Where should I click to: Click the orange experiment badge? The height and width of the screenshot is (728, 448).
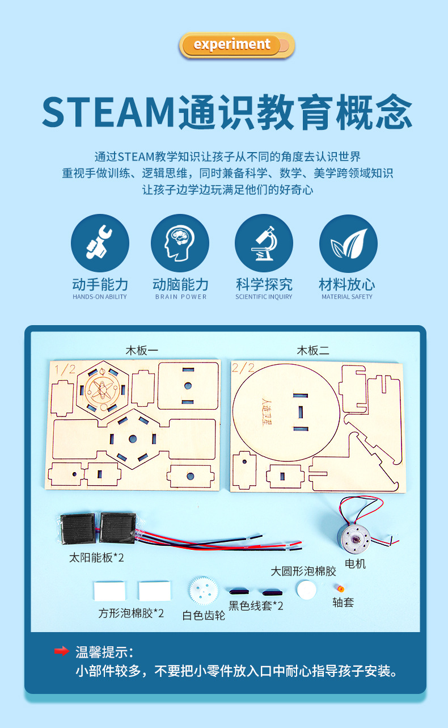pyautogui.click(x=236, y=45)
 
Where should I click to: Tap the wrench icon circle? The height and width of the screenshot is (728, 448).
pyautogui.click(x=100, y=243)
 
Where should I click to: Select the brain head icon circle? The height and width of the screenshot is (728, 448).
pyautogui.click(x=180, y=243)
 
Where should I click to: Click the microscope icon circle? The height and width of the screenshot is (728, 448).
pyautogui.click(x=264, y=243)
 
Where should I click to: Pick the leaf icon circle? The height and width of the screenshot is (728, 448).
pyautogui.click(x=348, y=243)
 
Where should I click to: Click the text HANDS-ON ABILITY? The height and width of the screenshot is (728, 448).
pyautogui.click(x=100, y=297)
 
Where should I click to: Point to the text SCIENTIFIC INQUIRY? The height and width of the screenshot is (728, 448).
pyautogui.click(x=264, y=297)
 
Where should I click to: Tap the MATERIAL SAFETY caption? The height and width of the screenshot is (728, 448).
pyautogui.click(x=347, y=297)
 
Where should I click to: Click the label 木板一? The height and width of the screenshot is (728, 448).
pyautogui.click(x=142, y=351)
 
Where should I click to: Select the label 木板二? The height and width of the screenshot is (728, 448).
pyautogui.click(x=313, y=351)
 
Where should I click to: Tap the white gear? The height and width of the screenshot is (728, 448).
pyautogui.click(x=203, y=591)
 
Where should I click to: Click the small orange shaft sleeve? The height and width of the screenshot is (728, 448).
pyautogui.click(x=340, y=588)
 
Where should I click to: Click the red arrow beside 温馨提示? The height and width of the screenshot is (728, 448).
pyautogui.click(x=62, y=651)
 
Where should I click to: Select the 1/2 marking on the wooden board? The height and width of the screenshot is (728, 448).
pyautogui.click(x=65, y=369)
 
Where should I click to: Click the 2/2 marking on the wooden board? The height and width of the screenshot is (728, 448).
pyautogui.click(x=243, y=368)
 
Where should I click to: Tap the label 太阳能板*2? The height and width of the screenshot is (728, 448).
pyautogui.click(x=96, y=558)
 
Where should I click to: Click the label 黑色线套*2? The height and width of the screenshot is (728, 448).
pyautogui.click(x=256, y=605)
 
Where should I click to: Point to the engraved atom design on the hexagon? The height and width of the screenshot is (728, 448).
pyautogui.click(x=103, y=389)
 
